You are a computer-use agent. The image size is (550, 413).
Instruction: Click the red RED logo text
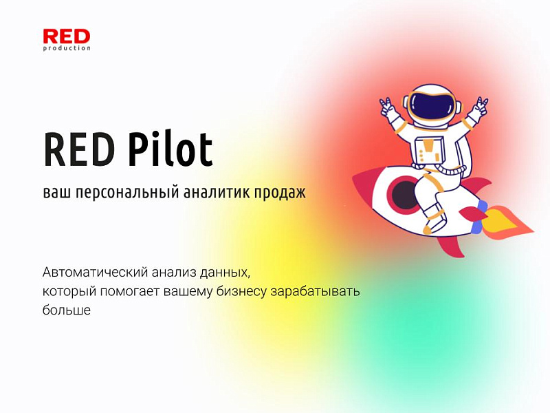(x=66, y=36)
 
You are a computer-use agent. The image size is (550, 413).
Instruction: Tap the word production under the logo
(x=67, y=48)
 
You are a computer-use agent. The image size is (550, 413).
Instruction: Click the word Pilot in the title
(x=170, y=149)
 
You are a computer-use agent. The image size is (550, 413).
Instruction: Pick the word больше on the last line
(x=66, y=310)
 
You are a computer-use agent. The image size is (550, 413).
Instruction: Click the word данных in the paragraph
(x=228, y=272)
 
